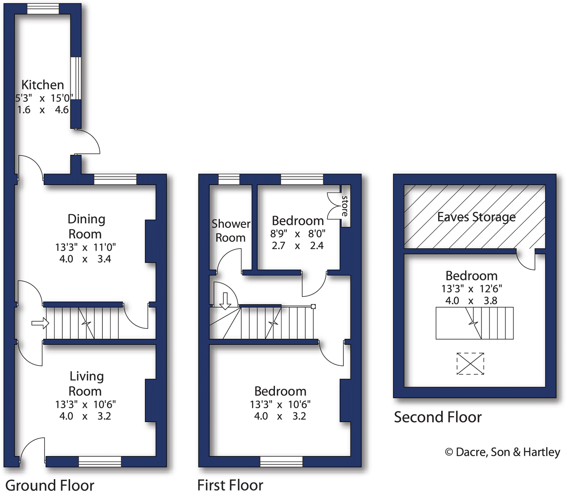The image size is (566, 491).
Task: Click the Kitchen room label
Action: [43, 85]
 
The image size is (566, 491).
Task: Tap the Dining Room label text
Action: [85, 226]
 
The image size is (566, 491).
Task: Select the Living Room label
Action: [86, 384]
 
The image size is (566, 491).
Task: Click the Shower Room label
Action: [231, 231]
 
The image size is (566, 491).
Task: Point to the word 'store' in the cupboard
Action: [345, 206]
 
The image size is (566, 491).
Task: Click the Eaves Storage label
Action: [476, 217]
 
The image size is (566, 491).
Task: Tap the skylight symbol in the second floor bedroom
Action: [470, 363]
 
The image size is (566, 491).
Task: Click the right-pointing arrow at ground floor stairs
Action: [40, 323]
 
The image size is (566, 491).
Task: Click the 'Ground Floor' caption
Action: [50, 485]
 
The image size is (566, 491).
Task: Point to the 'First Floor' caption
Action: [230, 485]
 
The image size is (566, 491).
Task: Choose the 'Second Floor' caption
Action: [438, 417]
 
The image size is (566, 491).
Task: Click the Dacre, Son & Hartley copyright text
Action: [502, 452]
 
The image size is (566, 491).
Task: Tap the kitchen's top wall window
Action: [43, 9]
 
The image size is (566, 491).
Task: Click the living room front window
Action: [100, 462]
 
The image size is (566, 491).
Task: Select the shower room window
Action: [229, 179]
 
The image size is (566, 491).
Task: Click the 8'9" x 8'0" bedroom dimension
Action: [298, 234]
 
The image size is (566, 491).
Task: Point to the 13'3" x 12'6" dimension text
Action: [472, 289]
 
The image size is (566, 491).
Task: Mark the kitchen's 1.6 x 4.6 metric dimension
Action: [43, 110]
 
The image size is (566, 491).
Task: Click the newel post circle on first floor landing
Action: [313, 306]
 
